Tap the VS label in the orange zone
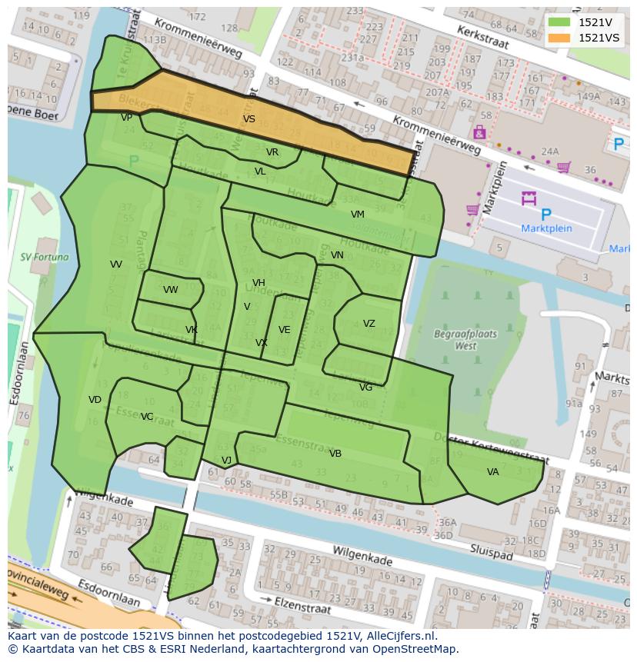point(248,119)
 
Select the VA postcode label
point(492,472)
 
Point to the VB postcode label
point(335,454)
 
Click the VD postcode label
point(95,400)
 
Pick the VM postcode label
point(357,215)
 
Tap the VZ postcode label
point(369,324)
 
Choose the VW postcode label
point(170,290)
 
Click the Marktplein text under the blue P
point(546,228)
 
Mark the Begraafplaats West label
point(465,340)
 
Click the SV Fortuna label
point(44,258)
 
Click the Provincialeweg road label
point(38,584)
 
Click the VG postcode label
point(365,388)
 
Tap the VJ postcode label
point(226,461)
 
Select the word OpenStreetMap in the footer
point(419,649)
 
